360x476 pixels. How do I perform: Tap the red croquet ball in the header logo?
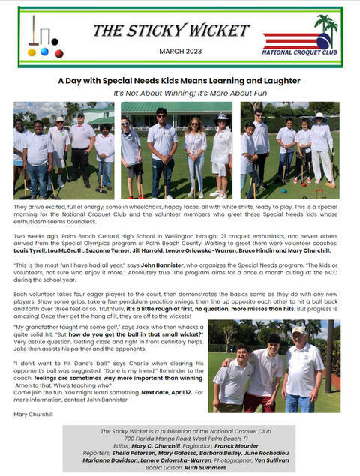[x=44, y=54]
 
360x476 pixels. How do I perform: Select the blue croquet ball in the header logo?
[x=55, y=53]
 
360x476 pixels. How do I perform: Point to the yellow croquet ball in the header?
[x=31, y=52]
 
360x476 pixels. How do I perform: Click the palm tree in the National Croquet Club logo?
[x=325, y=27]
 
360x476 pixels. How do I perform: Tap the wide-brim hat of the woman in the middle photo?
[x=221, y=118]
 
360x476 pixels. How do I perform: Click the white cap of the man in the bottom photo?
[x=298, y=330]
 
